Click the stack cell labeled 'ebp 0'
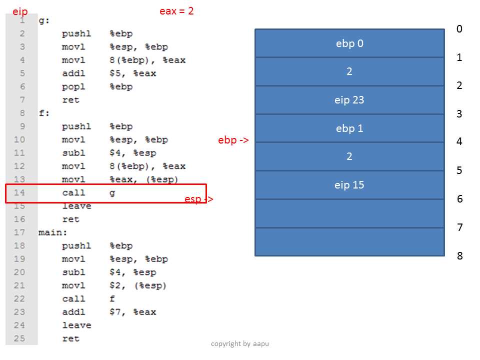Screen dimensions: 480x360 click(349, 43)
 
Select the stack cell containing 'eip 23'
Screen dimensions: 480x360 click(349, 100)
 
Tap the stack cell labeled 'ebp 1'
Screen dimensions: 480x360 click(349, 128)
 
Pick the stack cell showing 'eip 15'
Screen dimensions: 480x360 click(349, 185)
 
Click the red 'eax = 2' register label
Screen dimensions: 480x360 click(176, 11)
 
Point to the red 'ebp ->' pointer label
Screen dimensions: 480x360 click(233, 140)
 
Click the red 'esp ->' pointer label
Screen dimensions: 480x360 click(198, 199)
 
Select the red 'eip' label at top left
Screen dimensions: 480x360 click(20, 11)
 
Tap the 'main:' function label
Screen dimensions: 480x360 click(52, 232)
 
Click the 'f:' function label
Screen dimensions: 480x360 click(44, 113)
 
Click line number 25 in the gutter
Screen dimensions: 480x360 click(19, 338)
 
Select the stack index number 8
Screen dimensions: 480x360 click(460, 255)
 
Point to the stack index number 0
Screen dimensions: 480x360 click(459, 29)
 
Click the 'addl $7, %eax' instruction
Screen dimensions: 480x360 click(109, 312)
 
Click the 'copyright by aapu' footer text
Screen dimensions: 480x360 click(240, 344)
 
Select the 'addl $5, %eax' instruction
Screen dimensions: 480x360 click(109, 73)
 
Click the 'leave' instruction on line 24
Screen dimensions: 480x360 click(77, 325)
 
